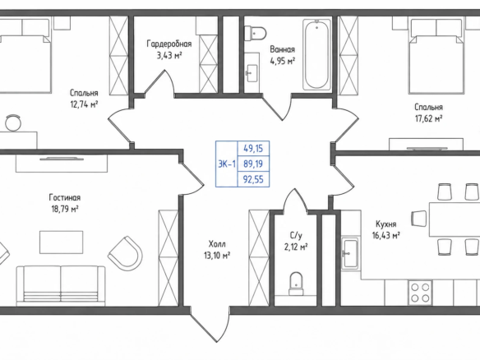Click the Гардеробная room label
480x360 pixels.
click(x=169, y=44)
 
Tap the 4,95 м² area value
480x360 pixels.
click(x=282, y=61)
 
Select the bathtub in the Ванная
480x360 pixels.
click(x=316, y=55)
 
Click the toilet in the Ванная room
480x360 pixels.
click(x=255, y=33)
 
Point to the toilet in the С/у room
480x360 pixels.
click(x=296, y=284)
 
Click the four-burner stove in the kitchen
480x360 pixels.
click(x=420, y=293)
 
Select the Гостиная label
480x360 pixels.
click(x=65, y=197)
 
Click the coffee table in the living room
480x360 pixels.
click(x=61, y=242)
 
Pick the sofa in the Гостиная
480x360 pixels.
click(x=61, y=285)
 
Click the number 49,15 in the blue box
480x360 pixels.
click(x=253, y=149)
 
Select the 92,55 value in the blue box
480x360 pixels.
click(x=253, y=179)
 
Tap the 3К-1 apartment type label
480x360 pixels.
click(x=227, y=164)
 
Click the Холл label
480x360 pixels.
click(x=217, y=244)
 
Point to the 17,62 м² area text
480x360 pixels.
click(x=428, y=118)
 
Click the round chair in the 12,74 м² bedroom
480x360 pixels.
click(x=13, y=122)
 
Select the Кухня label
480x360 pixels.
click(x=386, y=224)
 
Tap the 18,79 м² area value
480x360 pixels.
click(x=65, y=209)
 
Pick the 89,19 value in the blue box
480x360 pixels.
click(x=253, y=164)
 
